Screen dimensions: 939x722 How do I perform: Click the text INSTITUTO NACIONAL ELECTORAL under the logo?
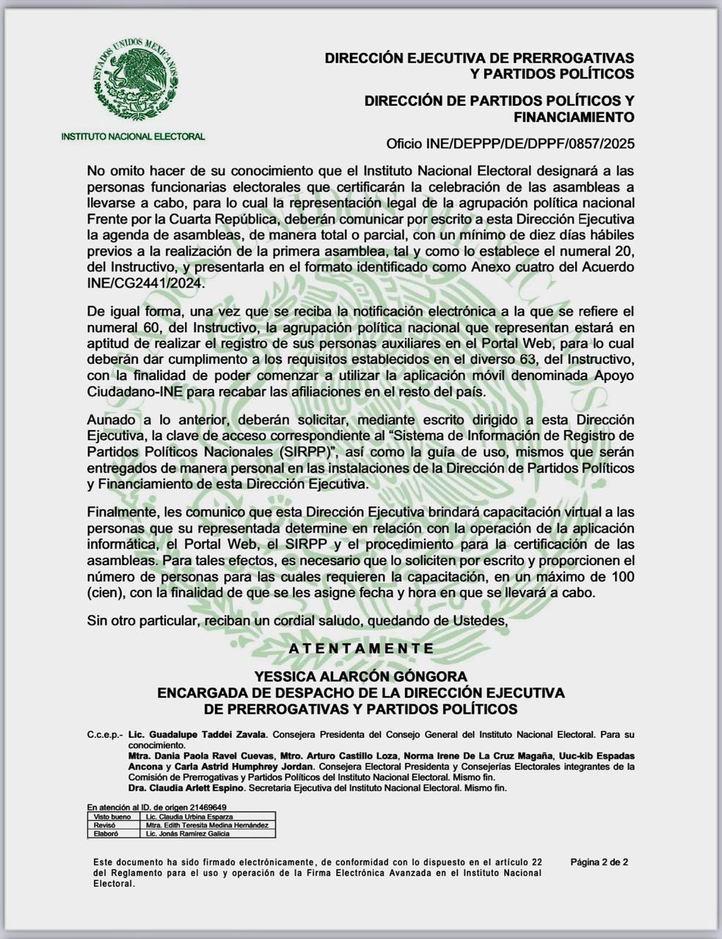tap(133, 137)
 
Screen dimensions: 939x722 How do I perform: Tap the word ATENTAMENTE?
tap(361, 648)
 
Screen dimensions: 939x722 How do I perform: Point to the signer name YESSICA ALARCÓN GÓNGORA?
tap(360, 676)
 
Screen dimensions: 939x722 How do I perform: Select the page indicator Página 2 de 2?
tap(599, 862)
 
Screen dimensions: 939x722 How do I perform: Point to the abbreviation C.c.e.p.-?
tap(105, 734)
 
